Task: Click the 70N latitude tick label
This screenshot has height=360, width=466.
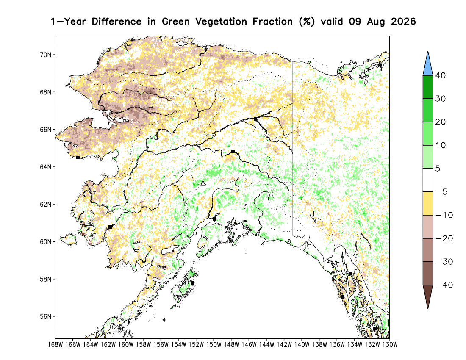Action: [x=45, y=55]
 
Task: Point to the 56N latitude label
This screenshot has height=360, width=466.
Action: [x=45, y=317]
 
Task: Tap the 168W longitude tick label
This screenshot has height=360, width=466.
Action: [x=55, y=345]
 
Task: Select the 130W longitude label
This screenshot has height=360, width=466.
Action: [x=390, y=345]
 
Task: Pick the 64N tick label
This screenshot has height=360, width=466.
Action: [x=45, y=167]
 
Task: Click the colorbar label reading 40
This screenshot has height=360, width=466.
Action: [x=441, y=75]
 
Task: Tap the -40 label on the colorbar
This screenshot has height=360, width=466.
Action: [x=444, y=285]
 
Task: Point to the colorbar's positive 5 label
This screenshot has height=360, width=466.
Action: [x=438, y=169]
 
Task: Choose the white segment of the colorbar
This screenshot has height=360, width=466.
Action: [x=428, y=180]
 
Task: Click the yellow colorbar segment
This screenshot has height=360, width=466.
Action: [x=428, y=203]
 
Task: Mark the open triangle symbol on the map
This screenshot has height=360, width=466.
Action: [x=203, y=183]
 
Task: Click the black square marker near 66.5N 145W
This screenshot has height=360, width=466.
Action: [x=255, y=119]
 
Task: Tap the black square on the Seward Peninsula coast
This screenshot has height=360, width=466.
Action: [x=78, y=158]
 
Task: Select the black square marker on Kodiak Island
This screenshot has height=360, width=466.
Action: [x=192, y=283]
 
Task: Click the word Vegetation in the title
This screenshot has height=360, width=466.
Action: [x=221, y=22]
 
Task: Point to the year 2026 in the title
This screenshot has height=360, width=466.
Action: [x=403, y=22]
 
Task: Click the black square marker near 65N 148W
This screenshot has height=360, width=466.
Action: [x=233, y=152]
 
